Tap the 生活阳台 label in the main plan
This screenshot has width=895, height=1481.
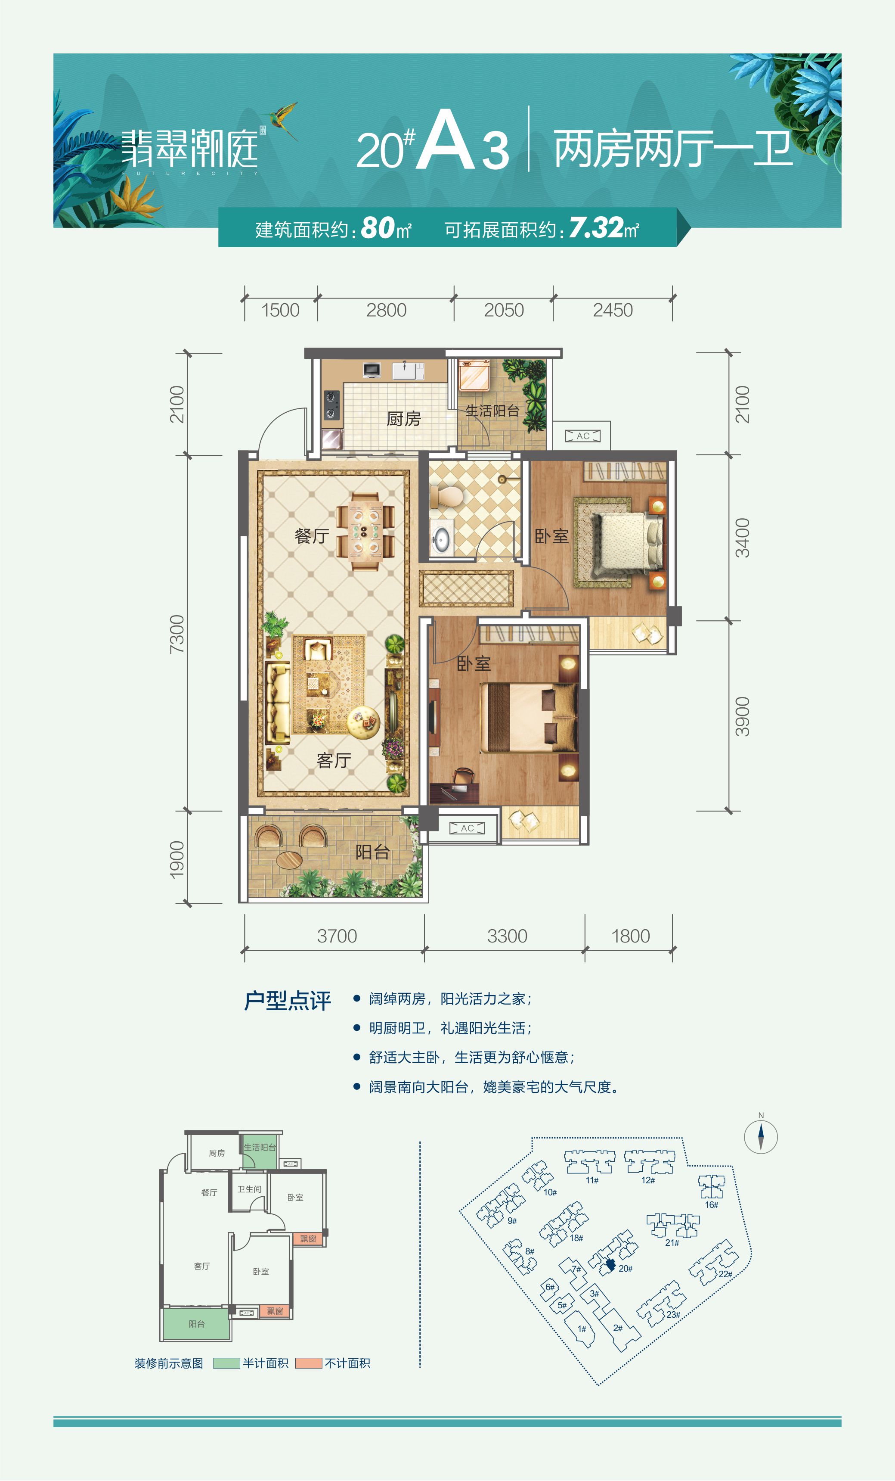click(x=492, y=411)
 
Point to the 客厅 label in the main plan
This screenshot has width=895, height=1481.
click(x=334, y=760)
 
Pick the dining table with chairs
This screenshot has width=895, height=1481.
click(x=365, y=531)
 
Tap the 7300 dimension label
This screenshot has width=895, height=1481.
click(x=177, y=634)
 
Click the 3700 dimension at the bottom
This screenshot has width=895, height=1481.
click(x=337, y=936)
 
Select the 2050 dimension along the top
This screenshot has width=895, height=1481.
click(x=504, y=310)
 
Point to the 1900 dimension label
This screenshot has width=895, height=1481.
click(x=177, y=859)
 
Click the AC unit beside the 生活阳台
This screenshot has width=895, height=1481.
click(x=582, y=436)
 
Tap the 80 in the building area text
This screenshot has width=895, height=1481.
click(x=378, y=228)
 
